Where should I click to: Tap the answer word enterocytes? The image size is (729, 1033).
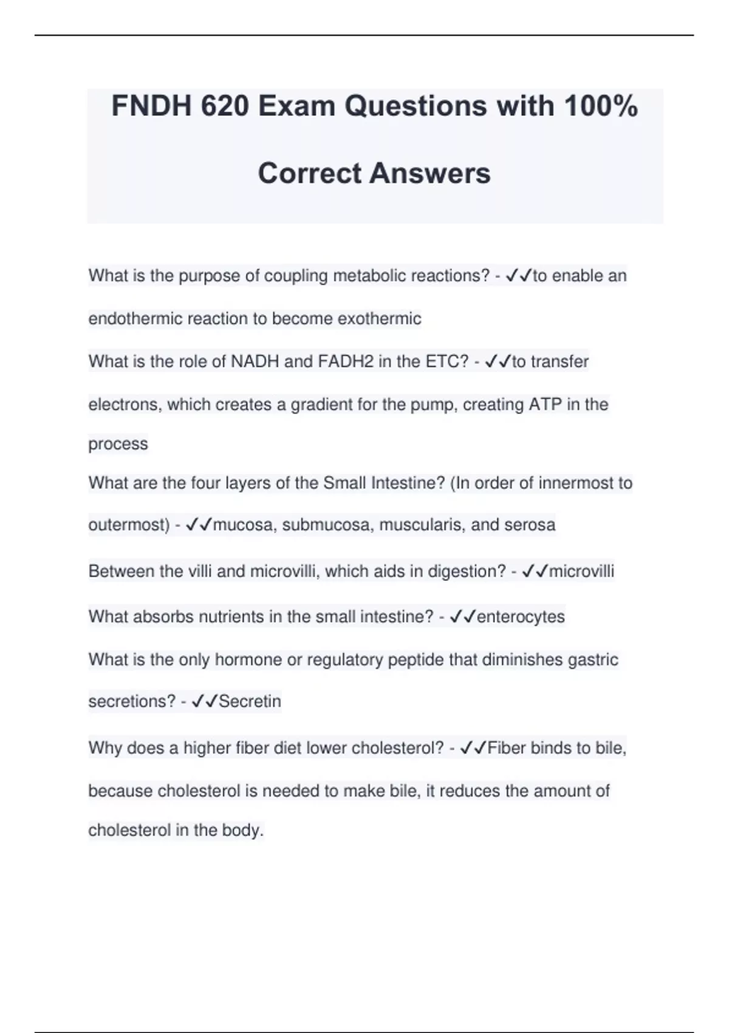coord(521,617)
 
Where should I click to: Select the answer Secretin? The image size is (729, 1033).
coord(250,701)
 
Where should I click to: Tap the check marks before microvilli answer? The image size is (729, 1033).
coord(535,572)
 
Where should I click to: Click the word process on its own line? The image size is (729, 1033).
coord(118,444)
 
